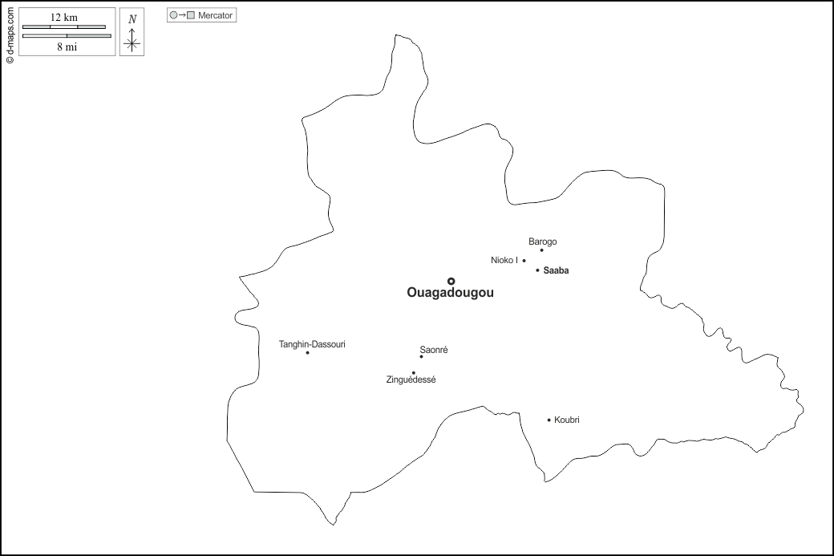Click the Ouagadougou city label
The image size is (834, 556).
(450, 294)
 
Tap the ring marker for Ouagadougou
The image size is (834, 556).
(451, 281)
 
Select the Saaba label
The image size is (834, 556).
(556, 270)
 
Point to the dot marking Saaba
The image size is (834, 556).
(537, 270)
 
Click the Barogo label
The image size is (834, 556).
(542, 241)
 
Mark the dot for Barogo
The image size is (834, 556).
(542, 250)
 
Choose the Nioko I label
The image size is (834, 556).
(504, 260)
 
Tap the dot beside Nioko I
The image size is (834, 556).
(524, 260)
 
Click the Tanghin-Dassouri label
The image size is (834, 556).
(312, 344)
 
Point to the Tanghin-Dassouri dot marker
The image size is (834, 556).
(307, 353)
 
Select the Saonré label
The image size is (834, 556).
(434, 350)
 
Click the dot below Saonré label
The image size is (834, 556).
(421, 356)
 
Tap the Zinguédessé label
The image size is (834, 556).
(411, 379)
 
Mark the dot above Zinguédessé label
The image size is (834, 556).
(414, 372)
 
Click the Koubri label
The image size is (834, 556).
(566, 420)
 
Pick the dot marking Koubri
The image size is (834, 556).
(549, 420)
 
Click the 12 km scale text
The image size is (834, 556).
(63, 18)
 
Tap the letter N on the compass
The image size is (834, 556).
(132, 18)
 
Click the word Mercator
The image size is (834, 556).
(215, 15)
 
